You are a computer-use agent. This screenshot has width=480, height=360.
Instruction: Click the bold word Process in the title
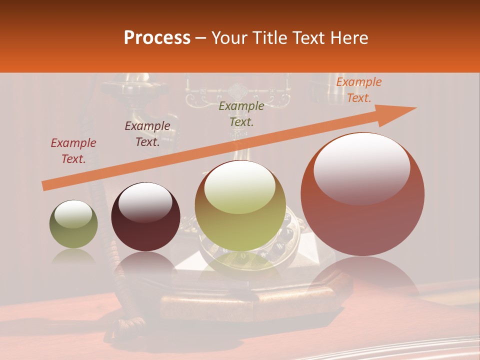click(x=157, y=38)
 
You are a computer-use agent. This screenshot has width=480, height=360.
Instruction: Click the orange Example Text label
click(x=358, y=90)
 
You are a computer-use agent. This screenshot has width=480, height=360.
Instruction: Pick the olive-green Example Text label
click(x=241, y=113)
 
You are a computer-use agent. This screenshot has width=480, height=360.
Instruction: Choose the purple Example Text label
click(x=147, y=134)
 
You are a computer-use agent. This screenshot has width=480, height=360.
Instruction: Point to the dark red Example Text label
click(x=73, y=151)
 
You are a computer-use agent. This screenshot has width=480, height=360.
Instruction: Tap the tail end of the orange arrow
click(x=44, y=186)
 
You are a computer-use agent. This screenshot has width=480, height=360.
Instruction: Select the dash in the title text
click(x=201, y=38)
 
